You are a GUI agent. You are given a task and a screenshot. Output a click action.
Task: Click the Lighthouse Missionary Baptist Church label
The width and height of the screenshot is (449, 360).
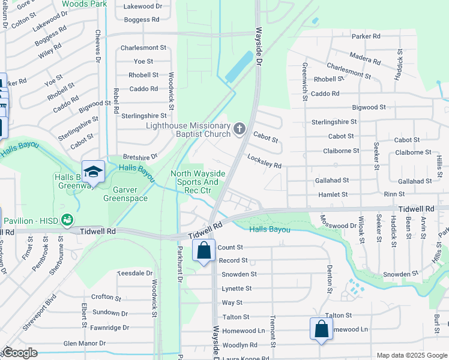tap(188, 130)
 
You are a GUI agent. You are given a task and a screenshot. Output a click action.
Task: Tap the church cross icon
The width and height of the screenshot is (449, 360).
tap(240, 128)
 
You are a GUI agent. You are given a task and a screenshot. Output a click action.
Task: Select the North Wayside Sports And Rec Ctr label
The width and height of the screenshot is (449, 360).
tap(198, 182)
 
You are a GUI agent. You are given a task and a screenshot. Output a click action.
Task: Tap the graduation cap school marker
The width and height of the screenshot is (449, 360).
tap(93, 173)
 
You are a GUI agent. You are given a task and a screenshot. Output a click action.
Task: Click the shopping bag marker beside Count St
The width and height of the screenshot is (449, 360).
tap(203, 250)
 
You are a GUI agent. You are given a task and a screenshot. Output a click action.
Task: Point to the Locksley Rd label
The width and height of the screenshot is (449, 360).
tap(264, 160)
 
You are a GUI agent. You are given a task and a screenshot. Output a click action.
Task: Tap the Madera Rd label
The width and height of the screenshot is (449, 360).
tap(365, 58)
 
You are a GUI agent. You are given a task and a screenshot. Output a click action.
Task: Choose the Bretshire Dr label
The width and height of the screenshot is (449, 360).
tap(140, 156)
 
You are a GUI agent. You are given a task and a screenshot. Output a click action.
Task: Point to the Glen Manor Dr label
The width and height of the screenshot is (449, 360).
tap(84, 344)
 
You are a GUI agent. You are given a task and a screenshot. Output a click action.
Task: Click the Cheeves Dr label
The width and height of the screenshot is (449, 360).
tap(96, 46)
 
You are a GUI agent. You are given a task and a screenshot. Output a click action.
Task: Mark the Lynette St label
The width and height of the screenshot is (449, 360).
tap(237, 289)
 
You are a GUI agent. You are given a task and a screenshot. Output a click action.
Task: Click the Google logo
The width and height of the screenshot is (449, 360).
tap(19, 353)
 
